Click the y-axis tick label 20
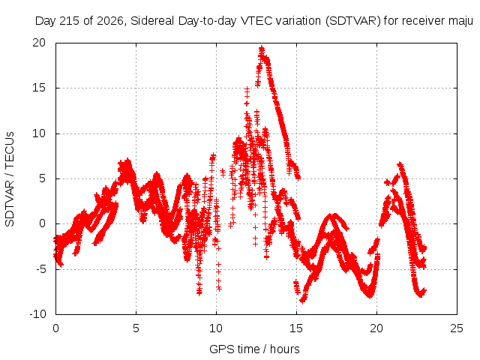[x=39, y=43]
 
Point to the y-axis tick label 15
[x=39, y=88]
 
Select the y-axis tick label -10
[x=37, y=314]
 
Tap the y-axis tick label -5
[x=40, y=269]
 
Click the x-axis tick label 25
[x=457, y=328]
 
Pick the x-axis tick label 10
[x=216, y=328]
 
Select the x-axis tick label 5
[x=136, y=328]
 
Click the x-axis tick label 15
[x=296, y=328]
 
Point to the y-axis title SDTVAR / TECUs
[x=10, y=179]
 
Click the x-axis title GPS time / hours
[x=254, y=349]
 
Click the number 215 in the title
[x=70, y=21]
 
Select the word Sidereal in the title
[x=153, y=21]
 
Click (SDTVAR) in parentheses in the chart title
[x=352, y=21]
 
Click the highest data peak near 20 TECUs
[x=262, y=48]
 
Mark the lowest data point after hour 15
[x=302, y=301]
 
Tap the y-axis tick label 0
[x=43, y=223]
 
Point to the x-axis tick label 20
[x=376, y=328]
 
